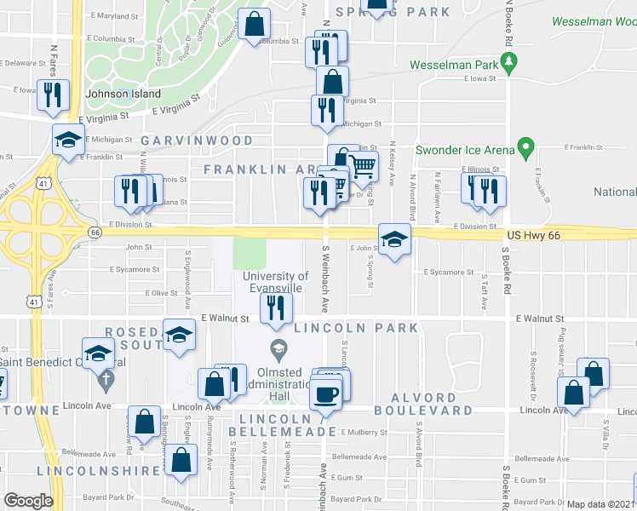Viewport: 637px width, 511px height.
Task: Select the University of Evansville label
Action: coord(275,282)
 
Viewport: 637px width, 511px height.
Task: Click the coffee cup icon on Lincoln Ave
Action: coord(325,393)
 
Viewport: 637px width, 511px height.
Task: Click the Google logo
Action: coord(28,501)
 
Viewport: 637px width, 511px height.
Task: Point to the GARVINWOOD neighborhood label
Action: coord(197,140)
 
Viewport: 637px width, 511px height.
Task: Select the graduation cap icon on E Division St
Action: coord(393,240)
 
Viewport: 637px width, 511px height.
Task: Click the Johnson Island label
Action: coord(117,95)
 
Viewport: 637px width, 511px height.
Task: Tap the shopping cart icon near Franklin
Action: coord(364,167)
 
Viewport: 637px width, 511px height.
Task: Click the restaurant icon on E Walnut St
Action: coord(275,311)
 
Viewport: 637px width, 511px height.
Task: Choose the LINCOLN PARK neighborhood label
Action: coord(355,328)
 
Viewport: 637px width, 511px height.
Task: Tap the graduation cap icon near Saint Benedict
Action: coord(99,353)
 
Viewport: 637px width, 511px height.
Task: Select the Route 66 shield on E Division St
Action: coord(95,233)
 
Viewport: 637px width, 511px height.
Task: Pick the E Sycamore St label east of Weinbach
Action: coord(449,273)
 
